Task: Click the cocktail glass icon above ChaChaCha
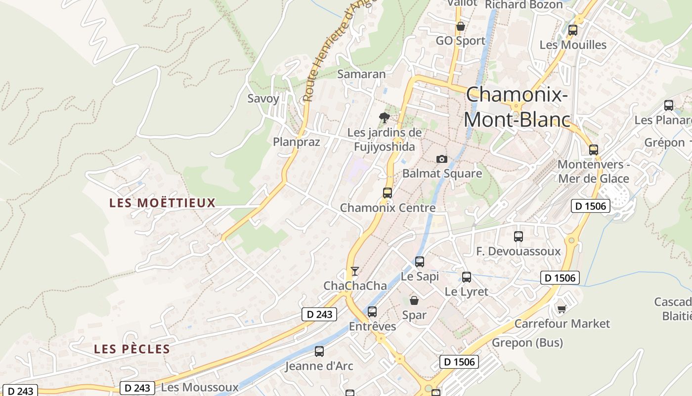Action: (354, 271)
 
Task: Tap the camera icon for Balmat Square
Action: (442, 159)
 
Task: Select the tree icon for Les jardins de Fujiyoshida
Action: (384, 118)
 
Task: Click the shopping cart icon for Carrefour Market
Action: (561, 309)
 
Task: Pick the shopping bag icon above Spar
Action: (414, 300)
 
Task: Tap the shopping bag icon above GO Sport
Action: (460, 26)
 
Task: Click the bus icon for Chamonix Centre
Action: (388, 193)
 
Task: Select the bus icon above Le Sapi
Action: (420, 261)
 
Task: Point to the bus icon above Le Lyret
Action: (466, 277)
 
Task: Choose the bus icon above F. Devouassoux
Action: (518, 237)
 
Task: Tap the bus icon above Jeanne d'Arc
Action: (319, 351)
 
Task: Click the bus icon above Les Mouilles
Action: (573, 30)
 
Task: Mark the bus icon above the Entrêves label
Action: (372, 312)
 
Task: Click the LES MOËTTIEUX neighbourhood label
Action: (163, 203)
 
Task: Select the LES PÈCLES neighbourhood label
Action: (132, 349)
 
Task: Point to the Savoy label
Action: (263, 99)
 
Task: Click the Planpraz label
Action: (297, 142)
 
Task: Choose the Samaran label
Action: (361, 74)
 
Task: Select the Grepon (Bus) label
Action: (527, 343)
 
